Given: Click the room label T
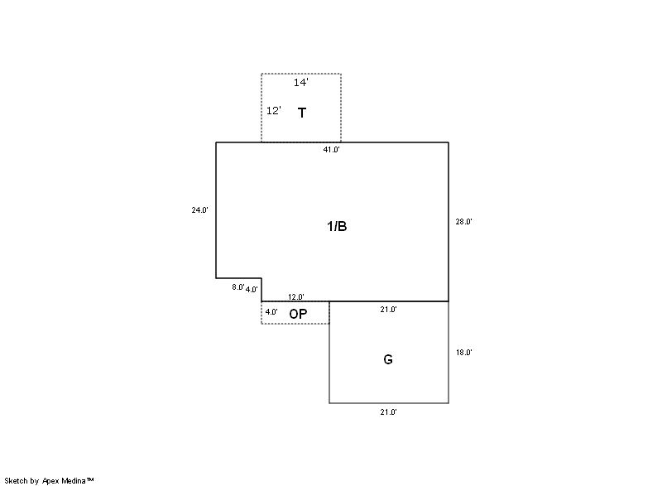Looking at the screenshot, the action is coord(302,113).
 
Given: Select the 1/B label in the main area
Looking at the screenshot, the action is coord(337,226).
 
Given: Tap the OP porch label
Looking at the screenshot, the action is coord(298,314).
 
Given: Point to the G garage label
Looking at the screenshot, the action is coord(388,359).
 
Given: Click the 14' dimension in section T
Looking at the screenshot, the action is coord(301,82).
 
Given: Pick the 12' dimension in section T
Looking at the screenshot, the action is coord(274,111).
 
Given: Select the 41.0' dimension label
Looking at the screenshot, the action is coord(332,150).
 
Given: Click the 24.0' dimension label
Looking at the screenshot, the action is coord(199,209).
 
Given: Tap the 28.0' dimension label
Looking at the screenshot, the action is coord(463,221).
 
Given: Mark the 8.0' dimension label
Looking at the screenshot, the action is coord(238,287).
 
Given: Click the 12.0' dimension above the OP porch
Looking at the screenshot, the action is coord(296,297).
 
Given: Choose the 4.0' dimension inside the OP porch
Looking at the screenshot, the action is coord(271,312).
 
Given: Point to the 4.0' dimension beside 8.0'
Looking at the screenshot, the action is coord(252,290).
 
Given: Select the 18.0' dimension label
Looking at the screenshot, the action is coord(463,352).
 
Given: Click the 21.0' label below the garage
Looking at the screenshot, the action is coord(388,412).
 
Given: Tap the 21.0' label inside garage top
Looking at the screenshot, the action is coord(388,310).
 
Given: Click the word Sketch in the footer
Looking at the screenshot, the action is coord(16,481).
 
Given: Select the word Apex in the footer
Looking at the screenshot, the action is coord(50,481).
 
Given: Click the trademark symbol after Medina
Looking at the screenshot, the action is coord(90,479).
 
